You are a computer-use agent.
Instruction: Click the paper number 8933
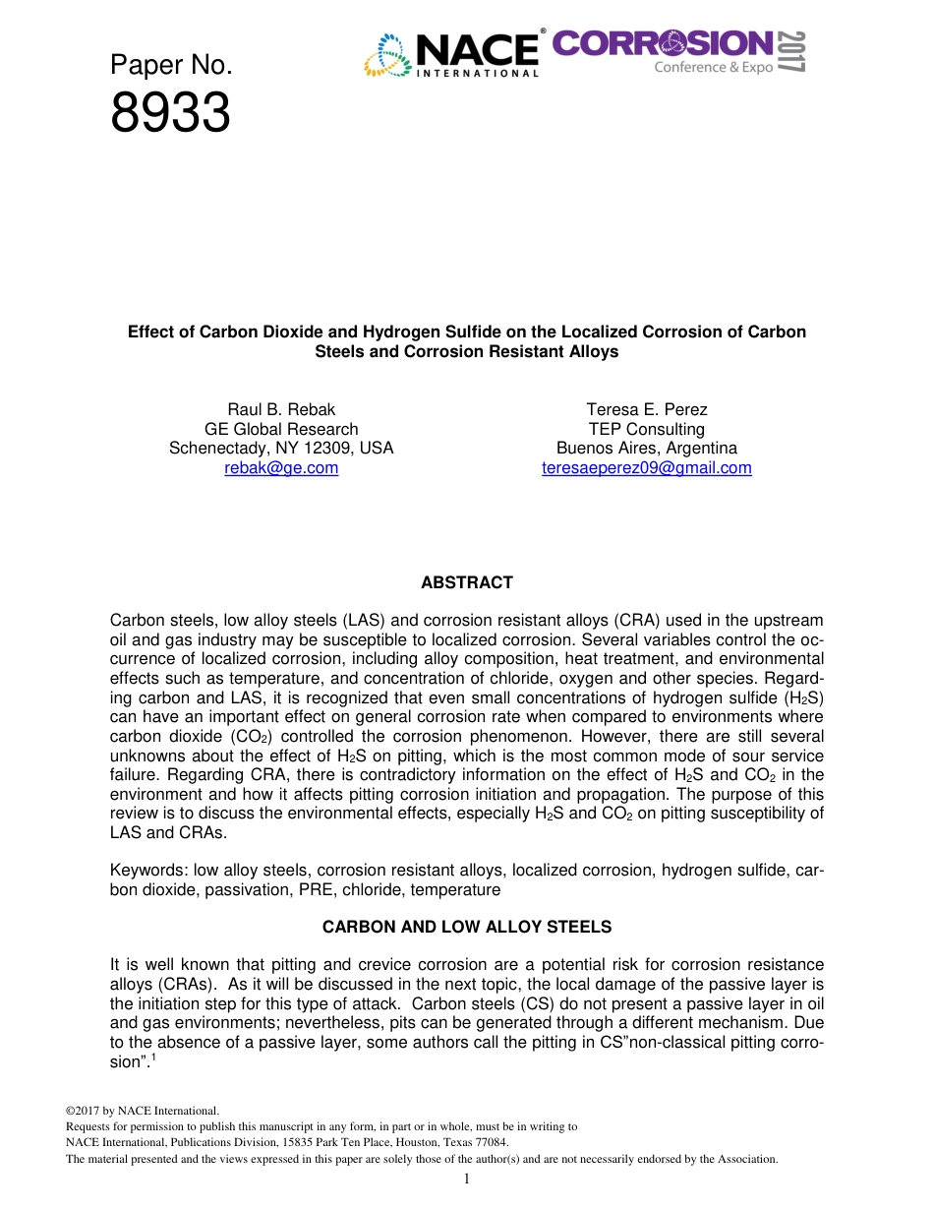170,115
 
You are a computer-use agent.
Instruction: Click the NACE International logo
454,55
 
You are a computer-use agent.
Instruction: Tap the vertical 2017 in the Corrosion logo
793,51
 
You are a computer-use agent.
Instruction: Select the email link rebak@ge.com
281,468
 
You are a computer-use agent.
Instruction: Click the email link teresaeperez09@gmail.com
647,468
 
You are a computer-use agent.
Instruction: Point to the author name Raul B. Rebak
281,409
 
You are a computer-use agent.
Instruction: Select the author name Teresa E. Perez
647,409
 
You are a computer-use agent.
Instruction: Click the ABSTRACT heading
467,582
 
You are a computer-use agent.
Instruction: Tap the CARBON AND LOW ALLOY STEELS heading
467,927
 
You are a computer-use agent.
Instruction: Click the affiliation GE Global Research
281,429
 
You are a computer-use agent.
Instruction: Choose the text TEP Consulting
647,429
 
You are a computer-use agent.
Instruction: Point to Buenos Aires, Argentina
647,449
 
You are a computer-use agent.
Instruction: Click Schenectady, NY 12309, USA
281,449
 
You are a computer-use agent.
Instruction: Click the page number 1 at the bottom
467,1180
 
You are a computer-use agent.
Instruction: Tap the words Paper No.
170,66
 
